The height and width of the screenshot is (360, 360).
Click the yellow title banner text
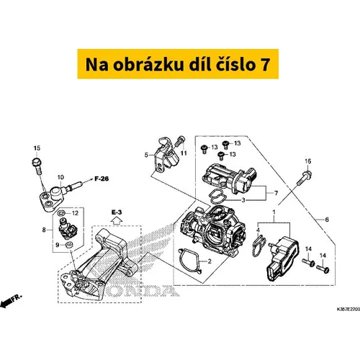[x=178, y=64]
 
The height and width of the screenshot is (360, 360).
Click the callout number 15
[x=37, y=148]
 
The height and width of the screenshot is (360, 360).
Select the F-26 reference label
[x=102, y=179]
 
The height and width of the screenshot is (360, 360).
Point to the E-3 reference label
[x=117, y=212]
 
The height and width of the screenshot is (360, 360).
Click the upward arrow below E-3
[x=117, y=220]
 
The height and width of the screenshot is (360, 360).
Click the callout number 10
[x=60, y=177]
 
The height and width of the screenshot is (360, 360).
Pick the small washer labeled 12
[x=62, y=212]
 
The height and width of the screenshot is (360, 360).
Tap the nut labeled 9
[x=69, y=245]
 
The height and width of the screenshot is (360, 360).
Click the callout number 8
[x=44, y=230]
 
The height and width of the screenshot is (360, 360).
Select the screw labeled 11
[x=179, y=141]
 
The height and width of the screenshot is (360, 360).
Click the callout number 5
[x=146, y=155]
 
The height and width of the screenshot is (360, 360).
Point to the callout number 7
[x=276, y=193]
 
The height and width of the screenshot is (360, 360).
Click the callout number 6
[x=327, y=220]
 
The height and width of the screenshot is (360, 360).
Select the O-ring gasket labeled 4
[x=259, y=246]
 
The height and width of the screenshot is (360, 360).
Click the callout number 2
[x=210, y=261]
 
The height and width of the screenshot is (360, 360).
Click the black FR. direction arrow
[x=6, y=302]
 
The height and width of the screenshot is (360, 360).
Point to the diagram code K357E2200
[x=348, y=309]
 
